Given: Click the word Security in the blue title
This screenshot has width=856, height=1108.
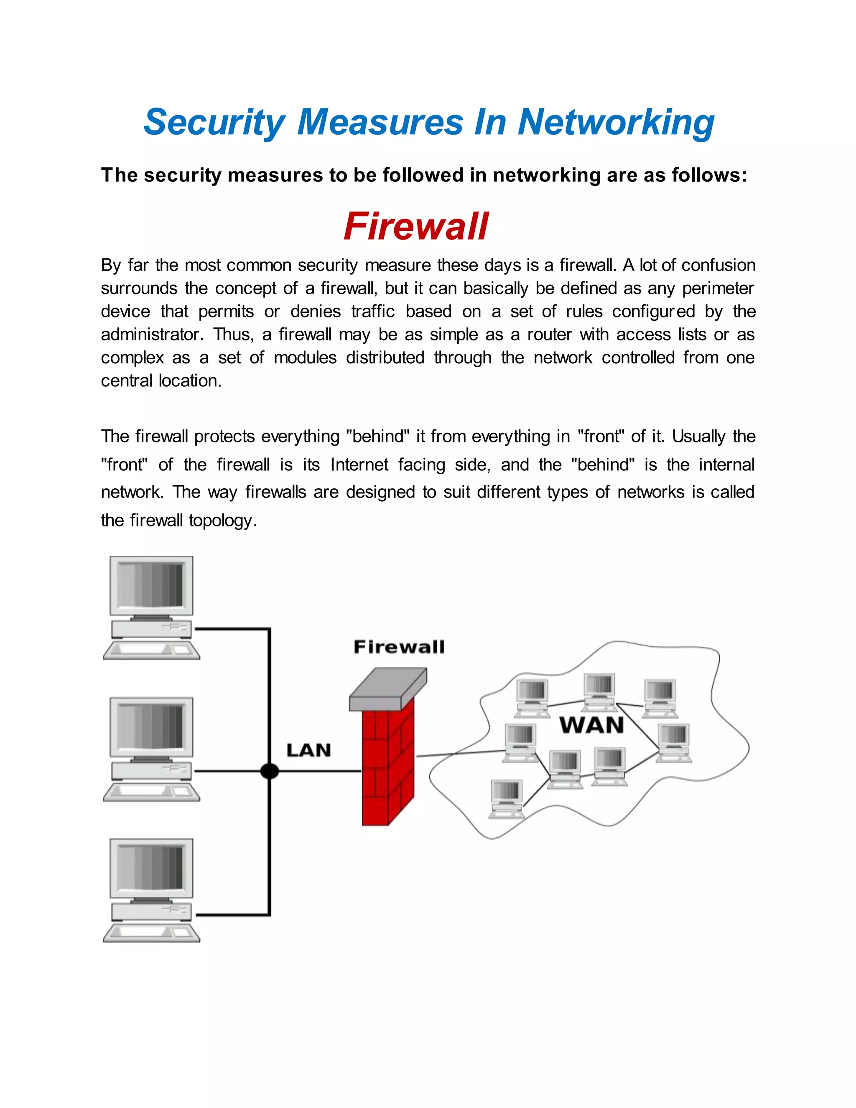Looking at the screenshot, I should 214,123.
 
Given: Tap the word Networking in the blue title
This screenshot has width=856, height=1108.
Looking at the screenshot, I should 616,123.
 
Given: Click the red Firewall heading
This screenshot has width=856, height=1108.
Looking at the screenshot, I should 416,226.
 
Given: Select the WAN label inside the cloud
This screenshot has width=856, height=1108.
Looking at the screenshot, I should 592,725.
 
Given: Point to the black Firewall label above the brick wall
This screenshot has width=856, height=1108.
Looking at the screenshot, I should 399,647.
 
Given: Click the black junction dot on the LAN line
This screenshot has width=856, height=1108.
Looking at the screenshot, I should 269,771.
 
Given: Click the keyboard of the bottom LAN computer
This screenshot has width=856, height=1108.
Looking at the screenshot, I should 151,932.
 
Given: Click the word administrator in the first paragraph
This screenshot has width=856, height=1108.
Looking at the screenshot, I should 152,335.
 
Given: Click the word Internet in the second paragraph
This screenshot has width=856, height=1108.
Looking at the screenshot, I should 359,465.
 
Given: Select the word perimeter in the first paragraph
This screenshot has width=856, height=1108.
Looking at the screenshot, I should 718,288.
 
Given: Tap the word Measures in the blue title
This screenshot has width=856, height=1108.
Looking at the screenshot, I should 380,123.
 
